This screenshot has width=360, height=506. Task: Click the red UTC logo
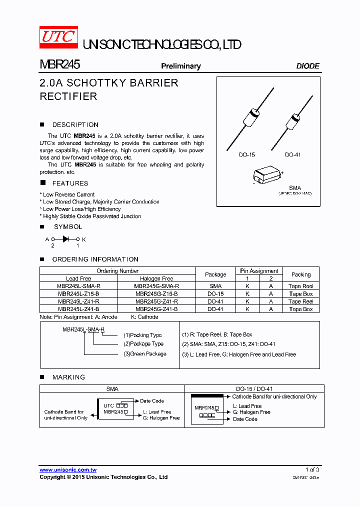(x=59, y=37)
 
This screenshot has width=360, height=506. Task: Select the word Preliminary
(x=180, y=66)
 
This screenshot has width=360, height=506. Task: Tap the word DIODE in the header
(x=307, y=66)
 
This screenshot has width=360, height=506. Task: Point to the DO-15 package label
(x=246, y=155)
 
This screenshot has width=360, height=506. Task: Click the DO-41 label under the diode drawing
(x=293, y=155)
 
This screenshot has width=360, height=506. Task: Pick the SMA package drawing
(x=266, y=175)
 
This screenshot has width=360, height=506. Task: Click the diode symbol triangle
(x=65, y=239)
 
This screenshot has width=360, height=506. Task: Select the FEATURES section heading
(x=70, y=183)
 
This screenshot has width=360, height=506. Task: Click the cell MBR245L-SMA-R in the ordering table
(x=78, y=286)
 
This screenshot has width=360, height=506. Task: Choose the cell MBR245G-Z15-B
(x=156, y=294)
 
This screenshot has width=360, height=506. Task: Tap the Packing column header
(x=301, y=274)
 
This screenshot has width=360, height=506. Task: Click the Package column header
(x=215, y=274)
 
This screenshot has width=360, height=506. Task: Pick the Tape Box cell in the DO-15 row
(x=301, y=294)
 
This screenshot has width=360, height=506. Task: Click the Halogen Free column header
(x=156, y=278)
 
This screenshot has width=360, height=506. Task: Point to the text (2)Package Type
(x=143, y=344)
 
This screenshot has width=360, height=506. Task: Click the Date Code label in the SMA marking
(x=152, y=401)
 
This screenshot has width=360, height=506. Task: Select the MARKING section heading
(x=68, y=377)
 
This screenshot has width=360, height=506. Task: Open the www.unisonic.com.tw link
(x=68, y=470)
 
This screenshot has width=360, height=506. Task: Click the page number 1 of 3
(x=312, y=470)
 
